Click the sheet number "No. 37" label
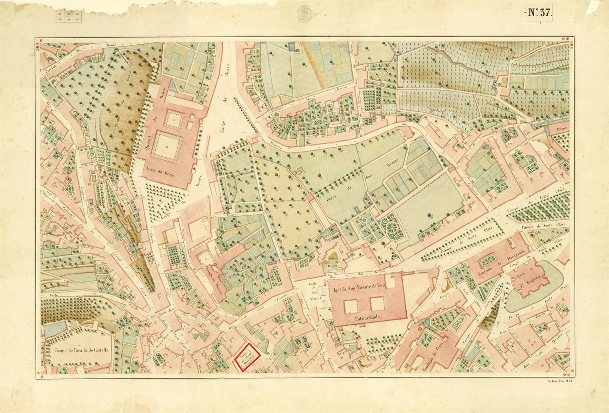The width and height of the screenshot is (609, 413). [x=540, y=13]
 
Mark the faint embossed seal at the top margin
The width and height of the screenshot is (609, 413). [x=304, y=14]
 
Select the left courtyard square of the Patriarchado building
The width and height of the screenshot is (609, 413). [x=351, y=306]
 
